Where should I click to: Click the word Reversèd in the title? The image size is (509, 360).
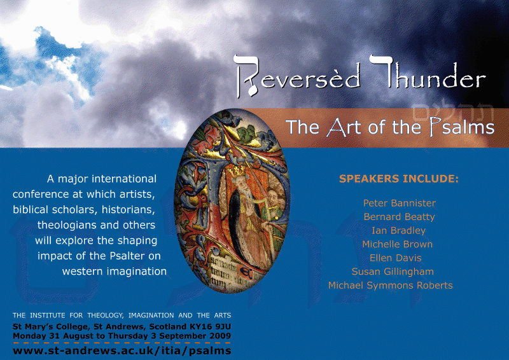pos(296,76)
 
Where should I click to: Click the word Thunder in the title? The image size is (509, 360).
pos(428,73)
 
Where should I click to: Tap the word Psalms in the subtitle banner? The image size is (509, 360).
pos(461,127)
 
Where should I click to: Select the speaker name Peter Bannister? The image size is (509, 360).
pos(400,203)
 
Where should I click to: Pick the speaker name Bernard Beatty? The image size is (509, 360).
pos(400,217)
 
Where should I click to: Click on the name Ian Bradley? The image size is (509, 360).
pos(399,230)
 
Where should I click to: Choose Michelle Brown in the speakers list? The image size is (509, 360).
pos(397,244)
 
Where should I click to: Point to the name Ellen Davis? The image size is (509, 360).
pos(395,258)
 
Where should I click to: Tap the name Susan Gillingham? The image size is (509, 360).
pos(393,272)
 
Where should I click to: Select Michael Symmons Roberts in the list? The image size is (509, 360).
pos(390,286)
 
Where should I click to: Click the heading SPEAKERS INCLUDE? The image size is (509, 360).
pos(399,179)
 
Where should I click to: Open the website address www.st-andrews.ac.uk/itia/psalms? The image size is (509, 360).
pos(122,351)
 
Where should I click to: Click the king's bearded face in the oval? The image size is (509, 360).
pos(242,185)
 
